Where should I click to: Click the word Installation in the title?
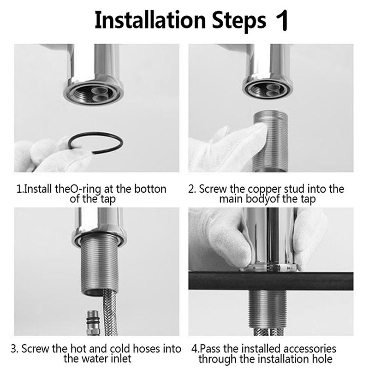point(150,20)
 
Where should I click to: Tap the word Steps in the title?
point(239,21)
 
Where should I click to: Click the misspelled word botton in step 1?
point(150,189)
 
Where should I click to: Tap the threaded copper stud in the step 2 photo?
point(270,141)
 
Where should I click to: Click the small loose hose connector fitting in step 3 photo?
point(93,322)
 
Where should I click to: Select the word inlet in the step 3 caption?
point(120,359)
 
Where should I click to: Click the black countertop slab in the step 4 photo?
point(271,281)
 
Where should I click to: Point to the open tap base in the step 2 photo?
point(268,89)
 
